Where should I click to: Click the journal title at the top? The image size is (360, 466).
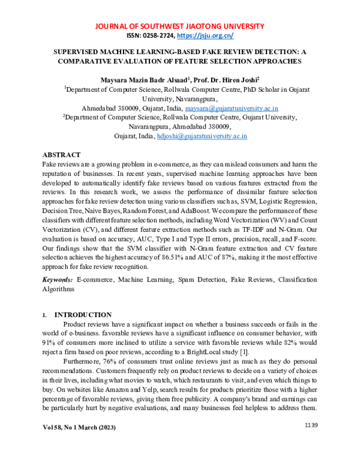click(x=180, y=26)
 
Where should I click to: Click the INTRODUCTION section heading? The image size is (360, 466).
click(x=83, y=315)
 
